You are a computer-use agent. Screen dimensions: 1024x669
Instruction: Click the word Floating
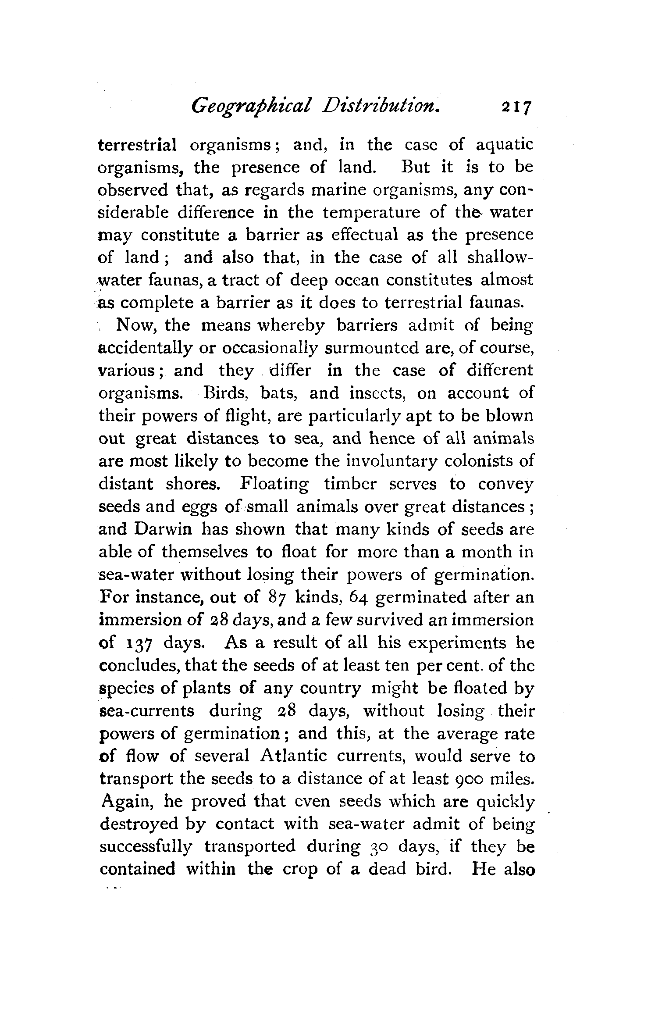pos(274,484)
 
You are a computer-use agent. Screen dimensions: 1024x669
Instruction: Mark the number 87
pos(276,597)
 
